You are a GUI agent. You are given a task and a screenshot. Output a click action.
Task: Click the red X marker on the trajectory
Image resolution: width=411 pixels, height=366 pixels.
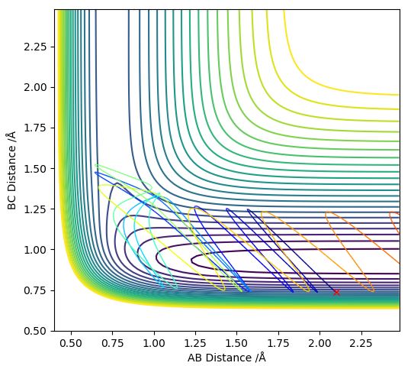pos(336,292)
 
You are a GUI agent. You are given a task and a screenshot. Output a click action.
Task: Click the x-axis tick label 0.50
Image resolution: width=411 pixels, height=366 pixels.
pos(71,343)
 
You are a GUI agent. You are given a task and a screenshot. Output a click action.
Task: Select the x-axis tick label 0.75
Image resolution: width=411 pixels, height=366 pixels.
pos(112,343)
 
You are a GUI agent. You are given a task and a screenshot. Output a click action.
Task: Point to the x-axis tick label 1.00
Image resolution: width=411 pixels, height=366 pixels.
pos(154,343)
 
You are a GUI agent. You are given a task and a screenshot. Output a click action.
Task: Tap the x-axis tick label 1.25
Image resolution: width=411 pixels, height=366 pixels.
pos(195,343)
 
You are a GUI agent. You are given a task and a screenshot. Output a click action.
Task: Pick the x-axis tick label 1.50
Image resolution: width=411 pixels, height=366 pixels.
pos(236,343)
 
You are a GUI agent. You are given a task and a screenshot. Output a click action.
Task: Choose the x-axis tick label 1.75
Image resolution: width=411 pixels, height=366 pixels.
pos(278,343)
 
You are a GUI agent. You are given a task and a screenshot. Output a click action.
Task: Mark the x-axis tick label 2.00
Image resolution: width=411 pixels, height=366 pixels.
pos(319,343)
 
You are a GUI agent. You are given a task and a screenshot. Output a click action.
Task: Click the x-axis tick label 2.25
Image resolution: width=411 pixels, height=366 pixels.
pos(361,343)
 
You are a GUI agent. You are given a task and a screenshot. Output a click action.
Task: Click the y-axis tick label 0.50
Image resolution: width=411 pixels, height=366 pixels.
pos(36,331)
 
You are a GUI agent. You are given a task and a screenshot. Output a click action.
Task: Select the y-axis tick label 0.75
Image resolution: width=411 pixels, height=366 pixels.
pos(36,290)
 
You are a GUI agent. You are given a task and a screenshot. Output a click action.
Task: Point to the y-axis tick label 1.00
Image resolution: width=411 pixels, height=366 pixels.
pos(36,250)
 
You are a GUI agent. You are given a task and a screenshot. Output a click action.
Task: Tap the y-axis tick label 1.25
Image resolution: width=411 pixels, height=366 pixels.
pos(36,209)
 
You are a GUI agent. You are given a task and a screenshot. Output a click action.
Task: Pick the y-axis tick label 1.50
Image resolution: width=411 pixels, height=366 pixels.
pos(36,168)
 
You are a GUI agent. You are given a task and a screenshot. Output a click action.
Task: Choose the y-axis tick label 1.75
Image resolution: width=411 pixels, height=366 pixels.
pos(36,128)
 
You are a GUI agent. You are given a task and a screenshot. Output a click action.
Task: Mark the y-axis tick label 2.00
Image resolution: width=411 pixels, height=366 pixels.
pos(36,87)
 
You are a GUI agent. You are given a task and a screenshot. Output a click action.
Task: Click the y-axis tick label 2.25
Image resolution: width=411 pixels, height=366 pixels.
pos(36,47)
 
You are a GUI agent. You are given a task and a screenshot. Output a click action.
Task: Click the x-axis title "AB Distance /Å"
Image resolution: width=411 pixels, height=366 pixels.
pos(227,358)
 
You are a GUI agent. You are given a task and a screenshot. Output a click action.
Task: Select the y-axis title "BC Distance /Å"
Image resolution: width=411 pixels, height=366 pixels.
pos(11,170)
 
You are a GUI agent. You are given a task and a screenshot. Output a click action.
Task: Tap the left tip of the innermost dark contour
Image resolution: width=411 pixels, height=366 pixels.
pos(191,261)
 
